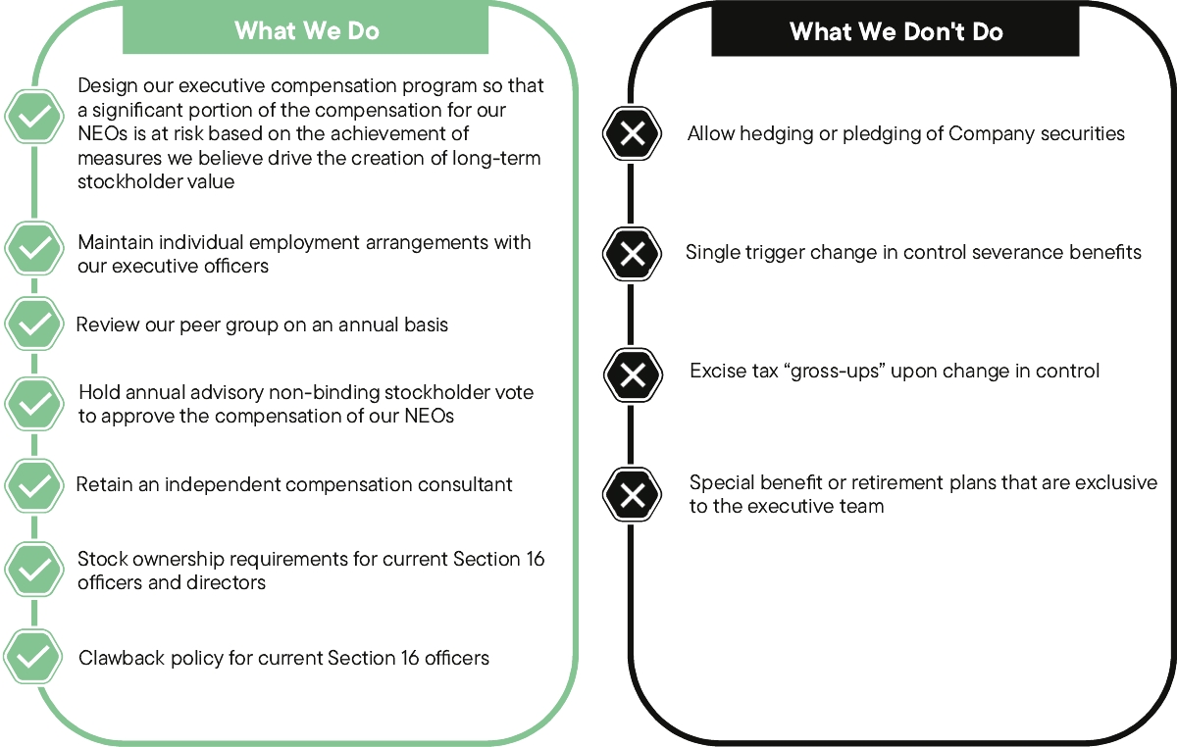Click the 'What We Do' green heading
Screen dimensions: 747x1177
click(x=307, y=30)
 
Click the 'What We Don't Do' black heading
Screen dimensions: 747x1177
click(x=896, y=32)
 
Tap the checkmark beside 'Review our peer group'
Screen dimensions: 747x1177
click(x=35, y=324)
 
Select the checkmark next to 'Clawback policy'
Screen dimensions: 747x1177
click(x=35, y=657)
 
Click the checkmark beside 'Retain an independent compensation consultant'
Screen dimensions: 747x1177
click(x=35, y=484)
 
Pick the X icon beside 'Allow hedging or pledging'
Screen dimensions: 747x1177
click(x=633, y=133)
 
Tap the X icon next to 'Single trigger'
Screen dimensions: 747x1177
click(x=633, y=253)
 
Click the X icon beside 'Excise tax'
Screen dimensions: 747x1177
click(x=633, y=373)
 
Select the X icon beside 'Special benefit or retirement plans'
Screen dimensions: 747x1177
click(x=633, y=494)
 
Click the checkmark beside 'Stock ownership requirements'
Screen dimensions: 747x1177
click(x=35, y=570)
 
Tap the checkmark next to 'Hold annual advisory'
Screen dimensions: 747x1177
click(x=35, y=403)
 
